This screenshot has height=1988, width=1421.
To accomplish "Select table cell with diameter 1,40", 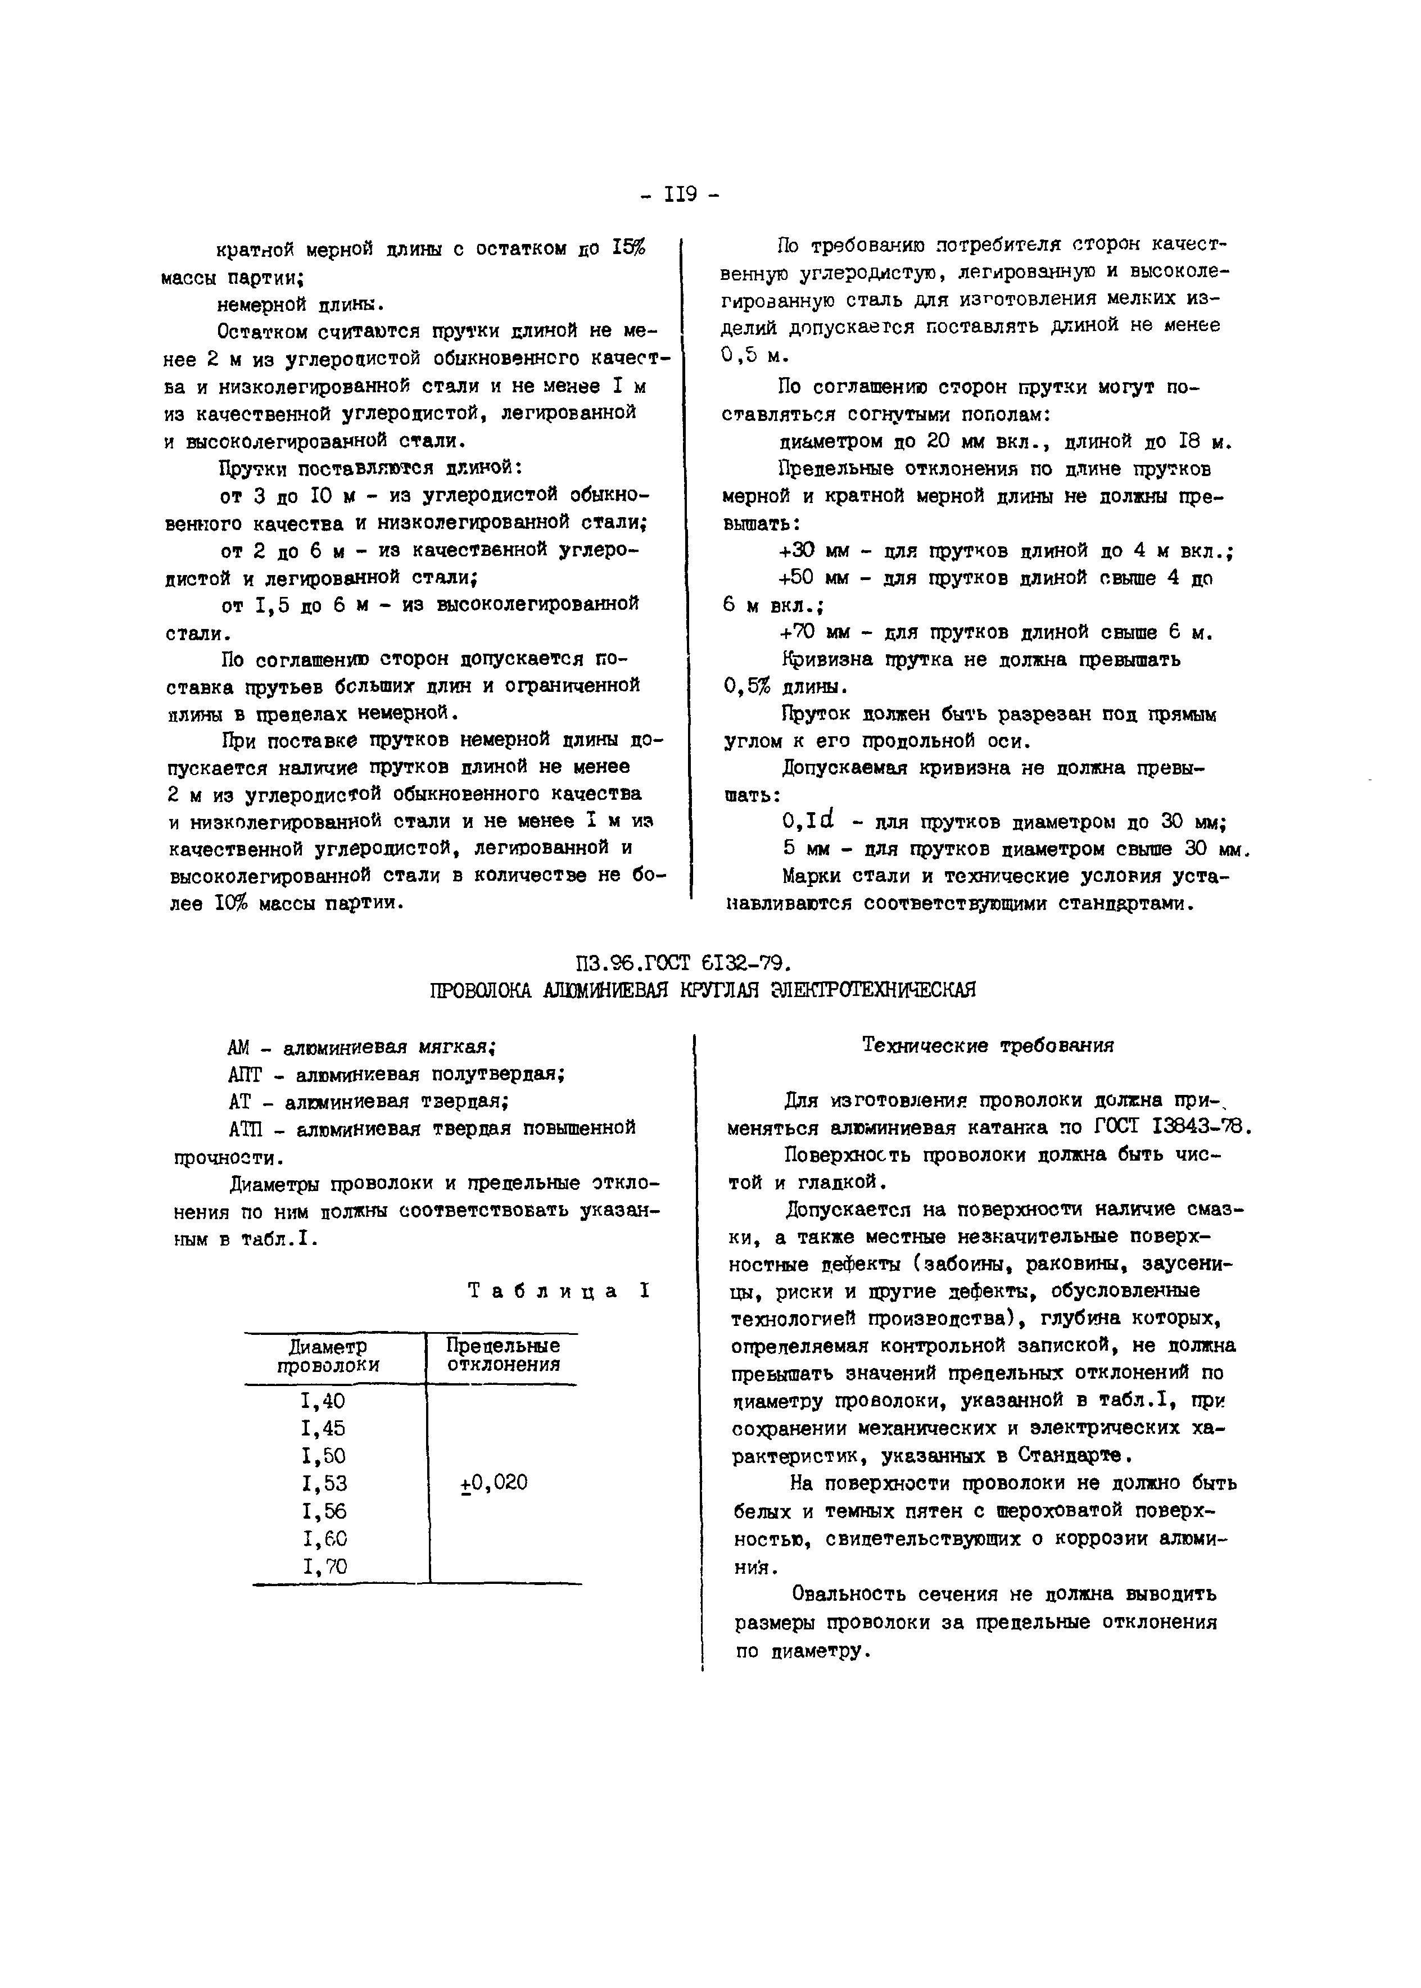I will click(x=323, y=1401).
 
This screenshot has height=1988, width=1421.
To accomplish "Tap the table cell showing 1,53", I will click(x=323, y=1483).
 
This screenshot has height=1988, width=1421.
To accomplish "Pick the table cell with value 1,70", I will click(x=323, y=1566).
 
